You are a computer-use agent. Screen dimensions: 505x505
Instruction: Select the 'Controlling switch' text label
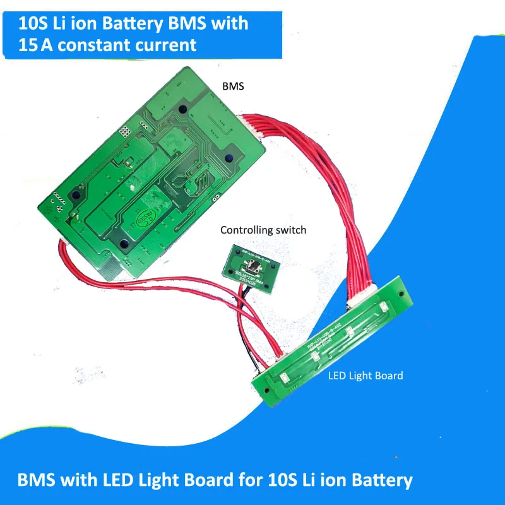tap(263, 230)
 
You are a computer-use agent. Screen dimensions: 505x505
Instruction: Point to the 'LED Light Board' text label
tap(365, 376)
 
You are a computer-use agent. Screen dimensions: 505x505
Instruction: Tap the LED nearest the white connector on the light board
tap(384, 307)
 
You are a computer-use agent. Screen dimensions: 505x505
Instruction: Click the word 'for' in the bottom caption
tap(251, 480)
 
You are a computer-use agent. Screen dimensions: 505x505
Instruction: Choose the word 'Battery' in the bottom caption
tap(381, 480)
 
